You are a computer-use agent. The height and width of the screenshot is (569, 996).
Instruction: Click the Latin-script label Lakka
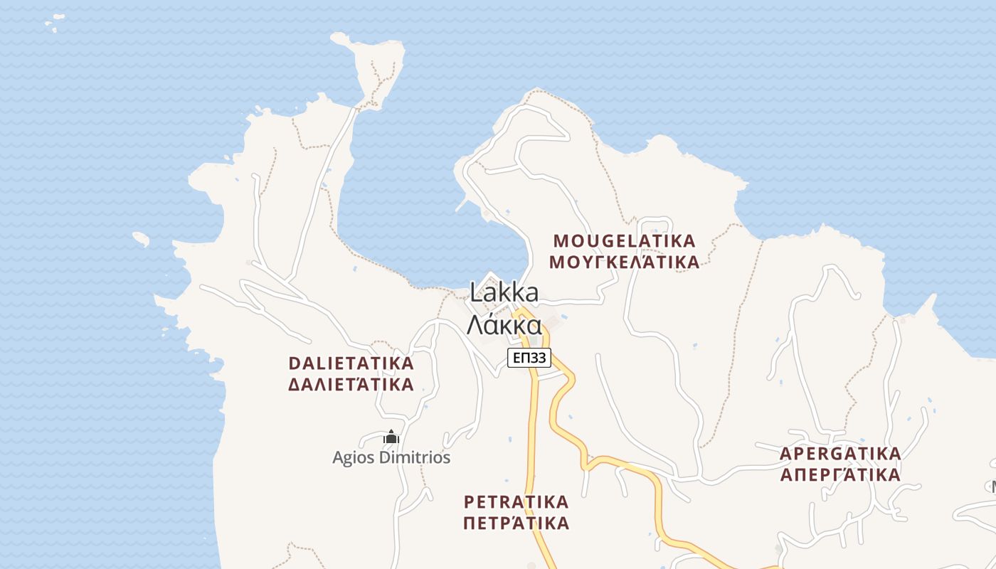click(x=504, y=292)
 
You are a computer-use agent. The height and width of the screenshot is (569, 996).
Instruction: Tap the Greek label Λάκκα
click(x=504, y=324)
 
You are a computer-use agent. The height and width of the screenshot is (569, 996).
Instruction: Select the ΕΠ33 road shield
click(x=529, y=358)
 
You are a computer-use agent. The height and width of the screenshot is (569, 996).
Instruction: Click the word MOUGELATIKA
click(x=624, y=240)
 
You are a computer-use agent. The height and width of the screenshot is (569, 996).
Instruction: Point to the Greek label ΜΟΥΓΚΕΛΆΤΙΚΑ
click(x=624, y=262)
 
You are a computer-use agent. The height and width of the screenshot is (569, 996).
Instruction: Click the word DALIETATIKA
click(x=351, y=363)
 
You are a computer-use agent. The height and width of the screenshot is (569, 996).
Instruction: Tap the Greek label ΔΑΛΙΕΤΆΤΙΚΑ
click(x=351, y=385)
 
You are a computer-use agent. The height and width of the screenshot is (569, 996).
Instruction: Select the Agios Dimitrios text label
click(x=391, y=457)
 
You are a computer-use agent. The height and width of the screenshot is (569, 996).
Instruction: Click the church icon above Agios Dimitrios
click(x=391, y=437)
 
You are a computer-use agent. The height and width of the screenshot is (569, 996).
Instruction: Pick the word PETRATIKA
click(x=516, y=501)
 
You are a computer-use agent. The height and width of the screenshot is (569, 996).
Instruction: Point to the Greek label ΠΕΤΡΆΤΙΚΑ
click(x=516, y=523)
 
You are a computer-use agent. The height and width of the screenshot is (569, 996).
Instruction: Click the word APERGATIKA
click(x=840, y=453)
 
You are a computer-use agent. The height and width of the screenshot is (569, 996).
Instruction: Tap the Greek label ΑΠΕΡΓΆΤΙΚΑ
click(x=840, y=474)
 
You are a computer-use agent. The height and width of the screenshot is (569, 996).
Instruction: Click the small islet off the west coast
click(x=141, y=239)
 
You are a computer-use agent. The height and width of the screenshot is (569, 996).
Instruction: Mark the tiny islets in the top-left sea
click(x=51, y=25)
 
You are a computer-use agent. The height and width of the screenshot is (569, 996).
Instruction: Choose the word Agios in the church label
click(x=354, y=457)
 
